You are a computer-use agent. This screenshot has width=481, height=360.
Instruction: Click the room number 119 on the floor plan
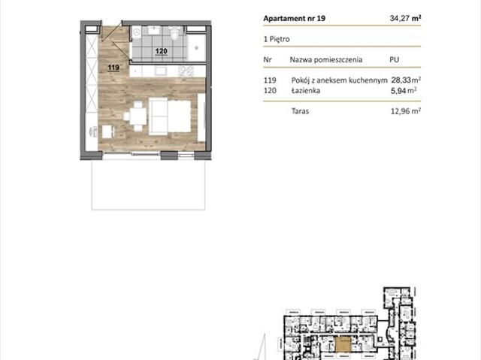pos(113,68)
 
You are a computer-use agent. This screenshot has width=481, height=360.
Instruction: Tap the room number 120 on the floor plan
pos(162,51)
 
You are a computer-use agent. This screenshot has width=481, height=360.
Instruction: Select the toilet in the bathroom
pos(175,33)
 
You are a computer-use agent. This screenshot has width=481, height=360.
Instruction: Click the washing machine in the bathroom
pos(137,32)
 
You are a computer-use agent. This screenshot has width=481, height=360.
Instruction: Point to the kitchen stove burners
pos(186,71)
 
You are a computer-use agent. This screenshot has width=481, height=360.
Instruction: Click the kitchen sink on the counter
pos(160,71)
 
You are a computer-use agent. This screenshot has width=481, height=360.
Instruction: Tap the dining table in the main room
pos(138,116)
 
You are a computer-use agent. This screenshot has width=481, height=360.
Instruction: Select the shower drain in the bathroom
pos(197,48)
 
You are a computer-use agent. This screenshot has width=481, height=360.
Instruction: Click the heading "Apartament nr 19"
pos(294,18)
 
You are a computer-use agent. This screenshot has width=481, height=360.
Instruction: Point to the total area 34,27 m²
pos(405,18)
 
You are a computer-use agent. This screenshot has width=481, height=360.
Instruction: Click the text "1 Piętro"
pos(277,39)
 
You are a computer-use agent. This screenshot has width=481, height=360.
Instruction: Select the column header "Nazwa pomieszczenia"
pos(326,59)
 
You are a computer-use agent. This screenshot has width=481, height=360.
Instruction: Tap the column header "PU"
pos(394,59)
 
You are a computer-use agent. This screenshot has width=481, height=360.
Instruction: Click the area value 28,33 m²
pos(406,80)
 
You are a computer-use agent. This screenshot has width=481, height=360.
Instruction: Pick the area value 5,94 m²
pos(404,90)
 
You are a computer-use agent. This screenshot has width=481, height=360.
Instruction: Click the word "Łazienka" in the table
pos(306,90)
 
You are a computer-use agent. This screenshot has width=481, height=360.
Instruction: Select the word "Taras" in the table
pos(300,111)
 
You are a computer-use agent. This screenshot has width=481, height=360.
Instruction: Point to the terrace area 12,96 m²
pos(406,111)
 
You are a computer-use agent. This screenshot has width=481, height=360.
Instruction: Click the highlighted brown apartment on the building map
pos(343,344)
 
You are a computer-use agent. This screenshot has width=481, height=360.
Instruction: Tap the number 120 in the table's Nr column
pos(270,90)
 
